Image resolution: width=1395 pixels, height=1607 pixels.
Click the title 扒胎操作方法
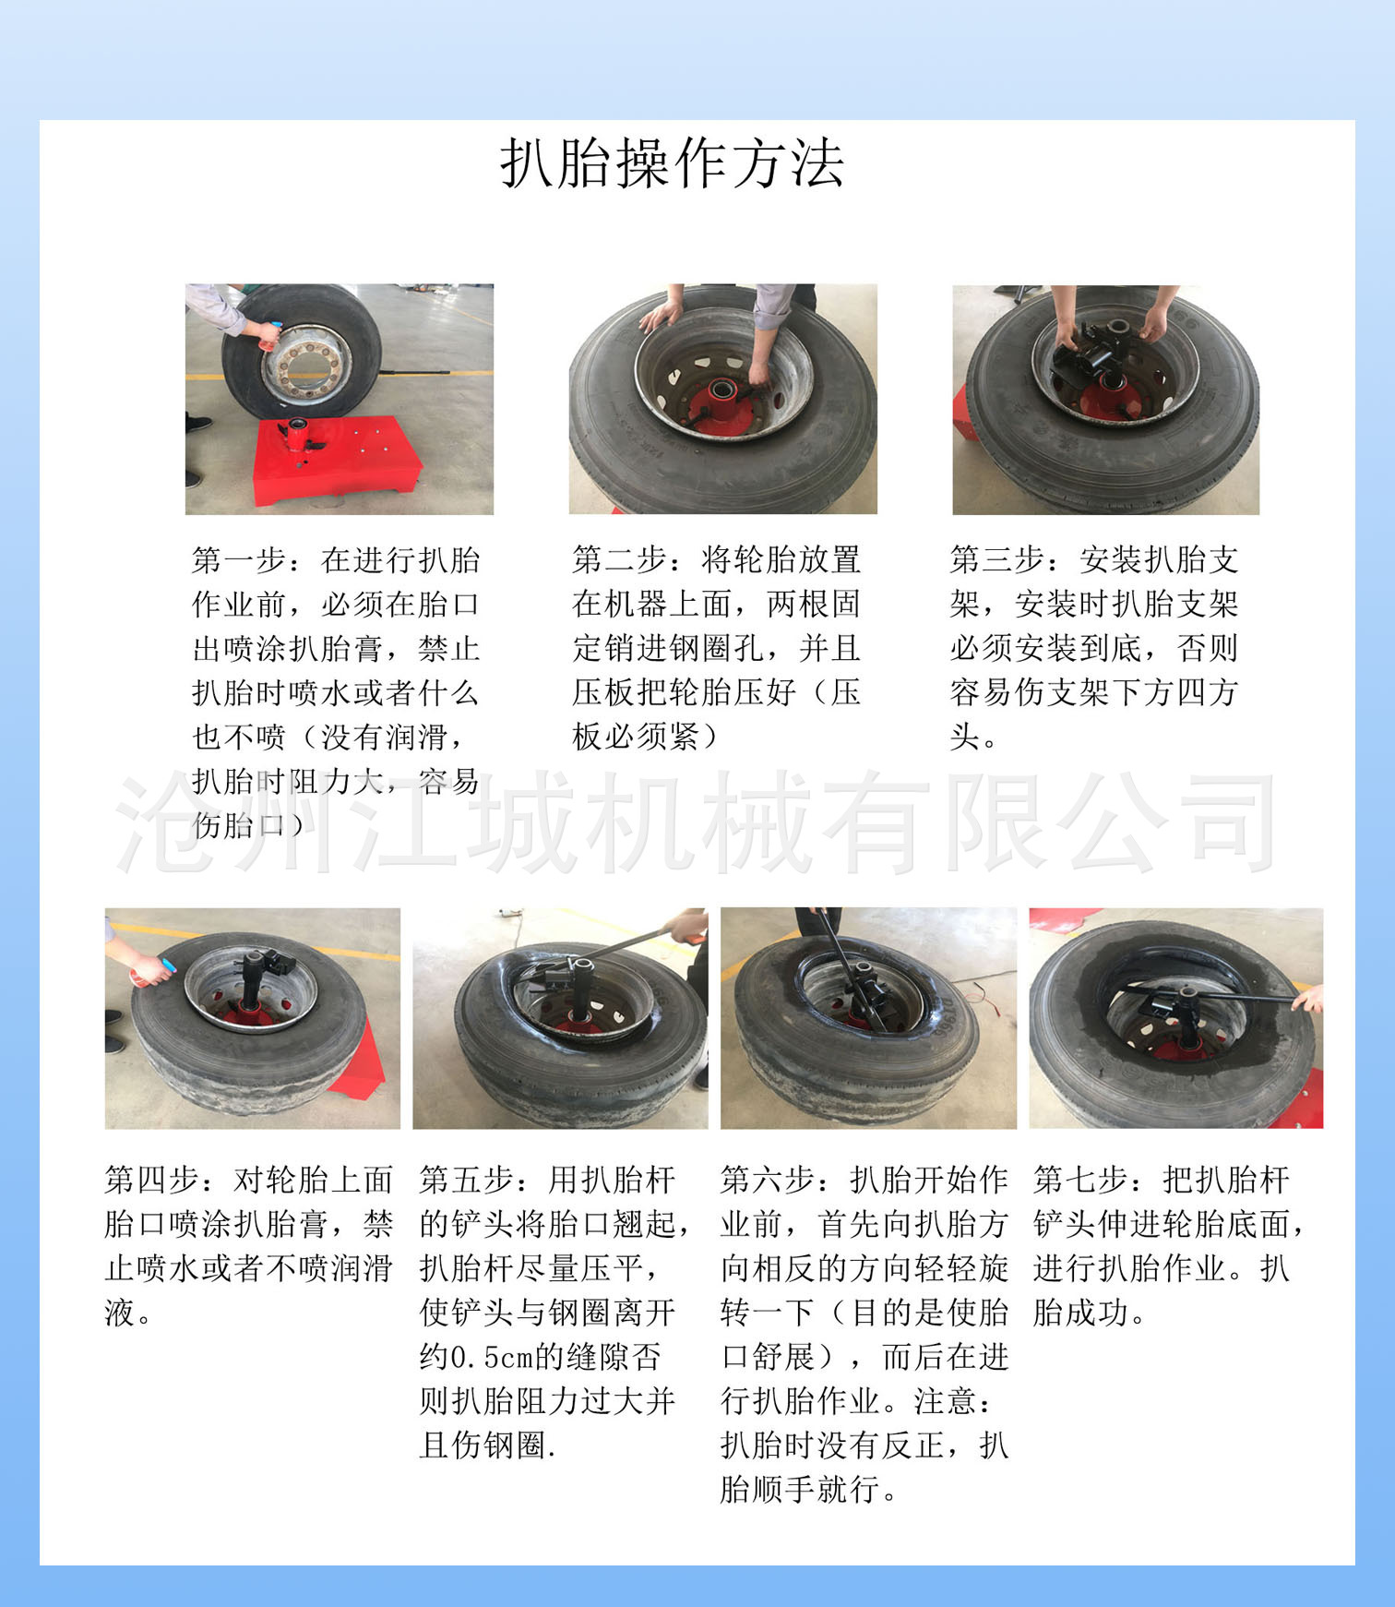[672, 164]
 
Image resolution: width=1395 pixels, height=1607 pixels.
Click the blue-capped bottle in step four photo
[152, 970]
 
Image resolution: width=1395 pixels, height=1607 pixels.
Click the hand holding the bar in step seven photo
[1308, 999]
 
